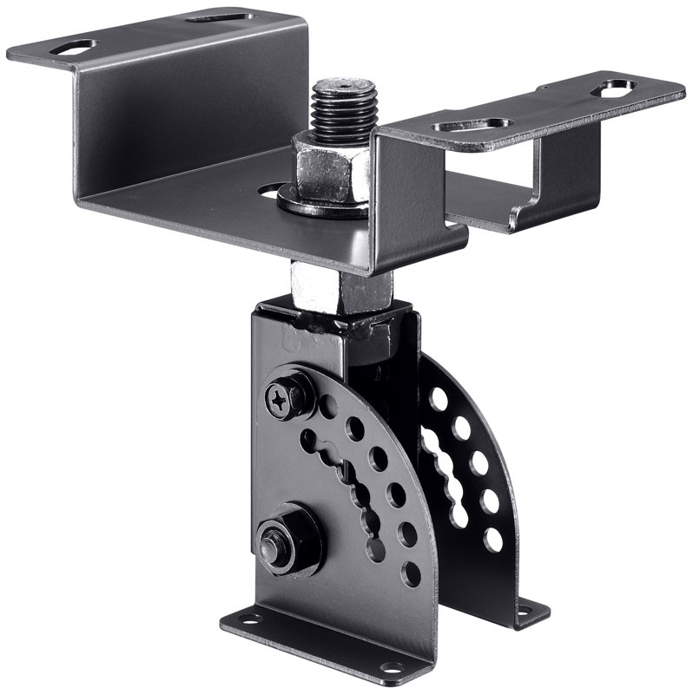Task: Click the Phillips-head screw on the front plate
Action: point(282,398)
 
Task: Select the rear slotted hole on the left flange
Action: point(218,16)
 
